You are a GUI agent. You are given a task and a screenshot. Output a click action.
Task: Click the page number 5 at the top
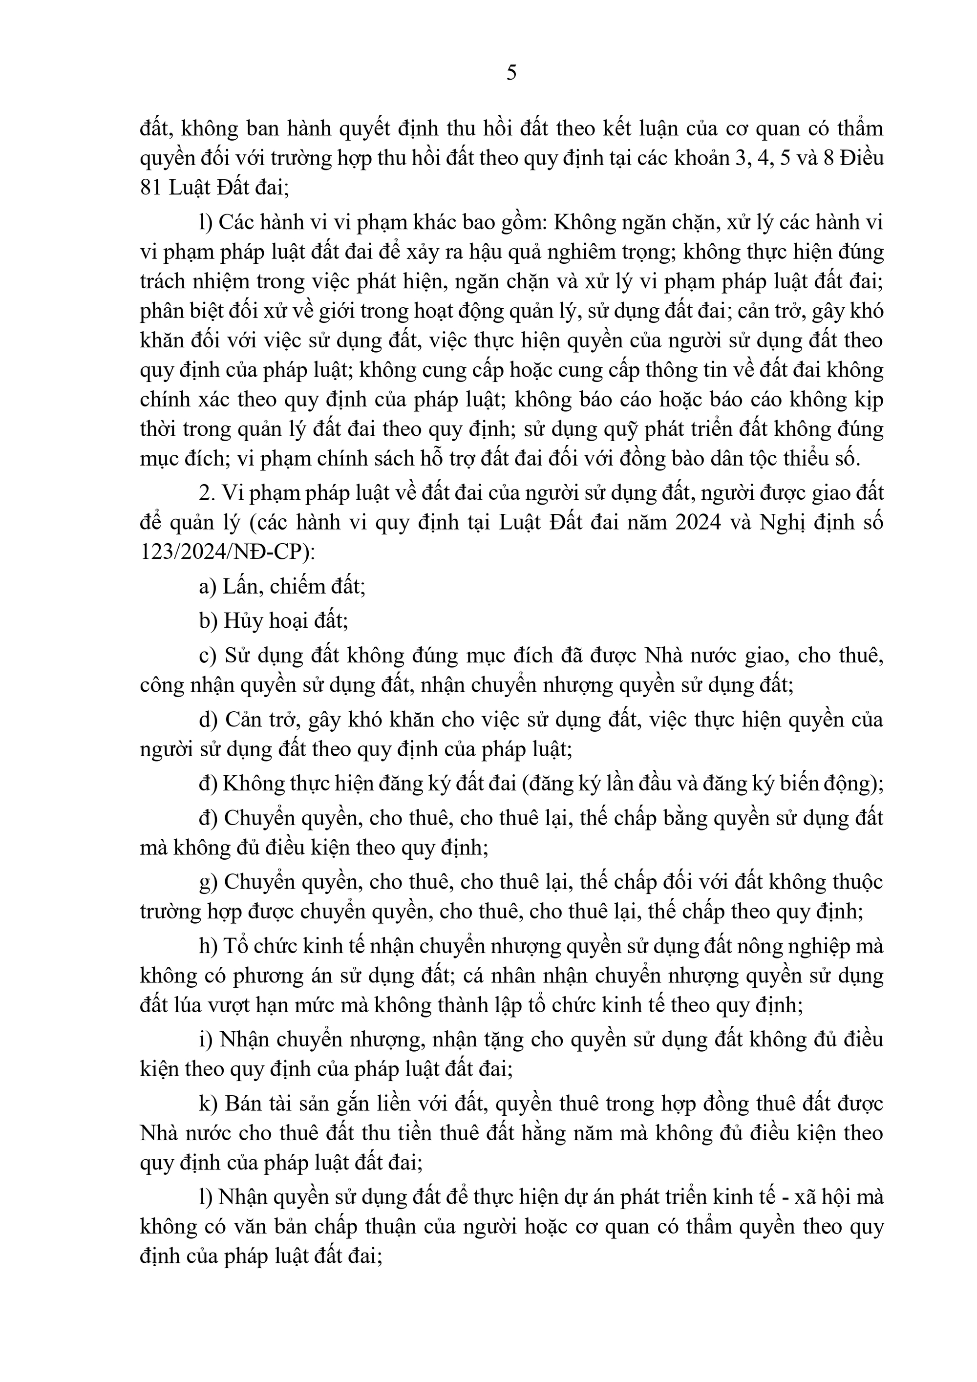click(511, 73)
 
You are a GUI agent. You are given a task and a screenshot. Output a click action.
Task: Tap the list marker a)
click(207, 586)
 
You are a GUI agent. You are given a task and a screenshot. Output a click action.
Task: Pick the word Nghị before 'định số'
click(782, 522)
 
